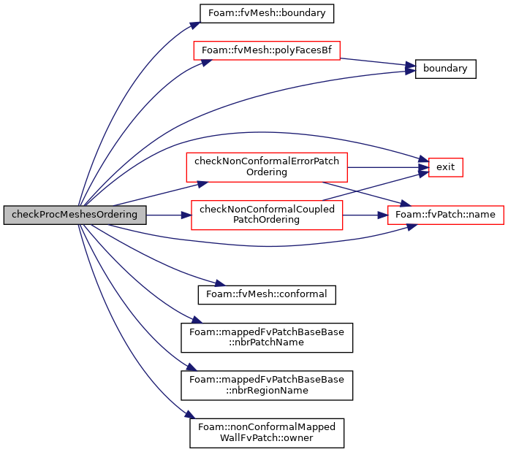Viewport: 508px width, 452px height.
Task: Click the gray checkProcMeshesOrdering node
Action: coord(75,215)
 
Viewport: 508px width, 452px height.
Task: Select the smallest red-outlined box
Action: coord(445,167)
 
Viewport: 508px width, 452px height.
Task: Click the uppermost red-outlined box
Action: coord(266,50)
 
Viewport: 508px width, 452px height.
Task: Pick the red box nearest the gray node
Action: coord(267,215)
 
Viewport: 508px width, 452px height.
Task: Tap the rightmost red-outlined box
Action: coord(445,215)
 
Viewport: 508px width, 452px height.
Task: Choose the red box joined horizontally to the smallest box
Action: coord(266,167)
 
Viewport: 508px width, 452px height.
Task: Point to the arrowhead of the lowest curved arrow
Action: coord(191,415)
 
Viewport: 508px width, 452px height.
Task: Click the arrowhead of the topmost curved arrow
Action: coord(195,25)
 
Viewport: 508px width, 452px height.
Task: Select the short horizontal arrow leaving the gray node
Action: coord(168,215)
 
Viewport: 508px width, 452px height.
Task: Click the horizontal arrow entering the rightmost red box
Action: coord(365,215)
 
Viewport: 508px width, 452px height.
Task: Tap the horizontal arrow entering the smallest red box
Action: coord(387,167)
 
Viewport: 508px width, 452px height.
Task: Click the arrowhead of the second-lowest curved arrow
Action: coord(192,367)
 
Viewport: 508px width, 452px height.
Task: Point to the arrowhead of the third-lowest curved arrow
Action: coord(197,319)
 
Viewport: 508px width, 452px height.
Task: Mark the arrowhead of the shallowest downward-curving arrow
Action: coord(220,283)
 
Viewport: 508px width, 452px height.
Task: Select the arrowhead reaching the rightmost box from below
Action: coord(412,226)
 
